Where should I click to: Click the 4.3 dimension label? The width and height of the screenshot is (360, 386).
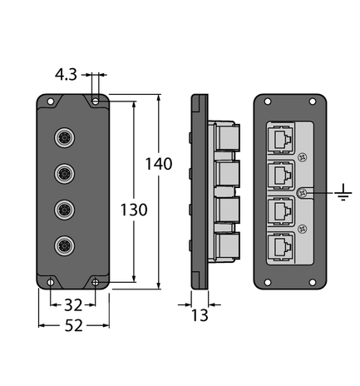tap(67, 75)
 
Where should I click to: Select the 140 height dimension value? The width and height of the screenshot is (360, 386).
tap(158, 164)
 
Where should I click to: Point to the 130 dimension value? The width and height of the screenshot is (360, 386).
tap(133, 210)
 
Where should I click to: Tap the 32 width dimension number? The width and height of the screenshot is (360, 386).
tap(73, 304)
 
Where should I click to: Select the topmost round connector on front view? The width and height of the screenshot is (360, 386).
tap(63, 136)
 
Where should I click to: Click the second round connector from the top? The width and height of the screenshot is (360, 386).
tap(63, 173)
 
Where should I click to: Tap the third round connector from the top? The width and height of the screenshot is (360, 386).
tap(63, 209)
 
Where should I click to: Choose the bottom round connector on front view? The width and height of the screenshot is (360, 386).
tap(63, 245)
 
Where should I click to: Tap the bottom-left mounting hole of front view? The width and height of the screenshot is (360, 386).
tap(50, 281)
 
